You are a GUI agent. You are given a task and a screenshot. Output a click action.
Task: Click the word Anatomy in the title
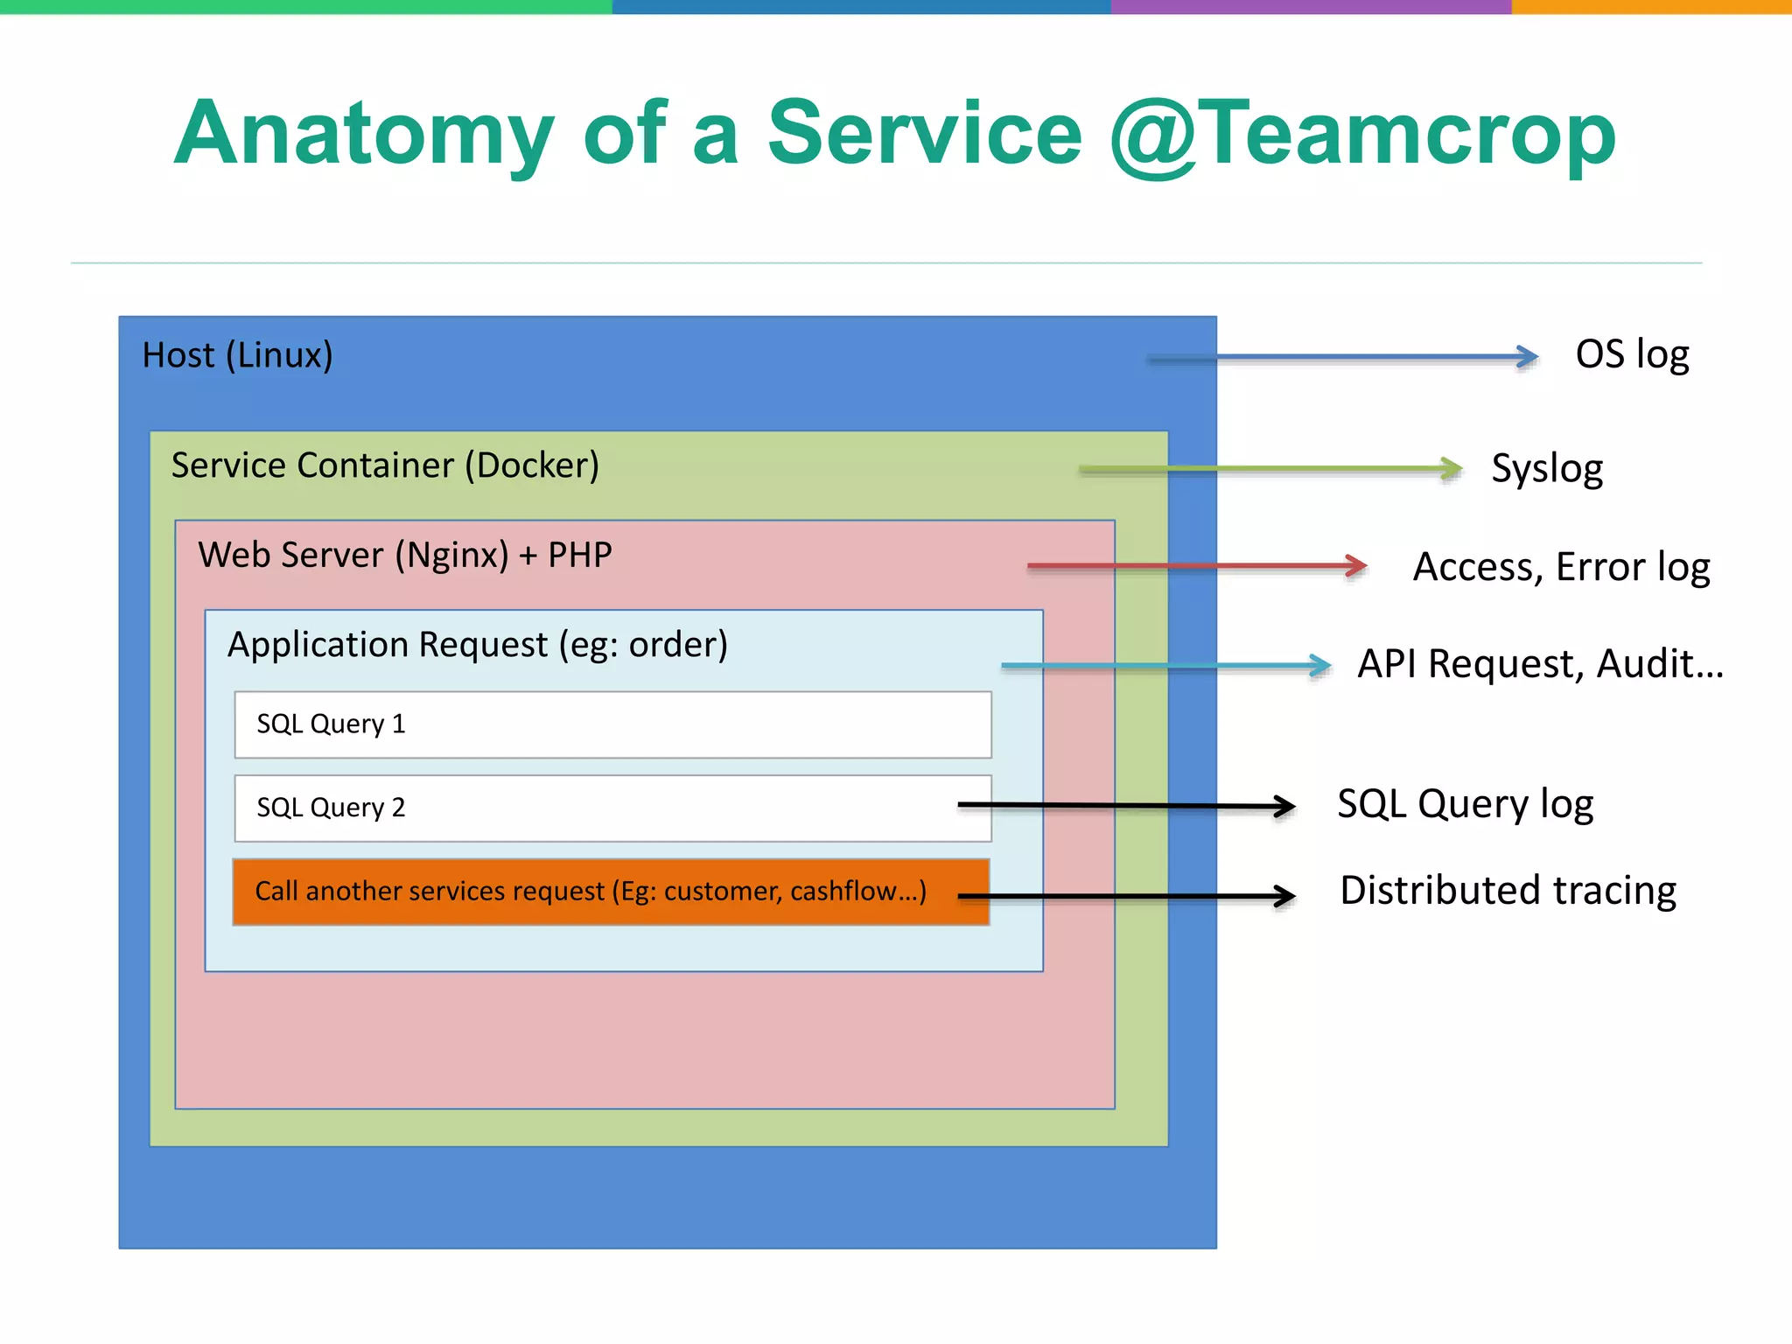[x=363, y=134]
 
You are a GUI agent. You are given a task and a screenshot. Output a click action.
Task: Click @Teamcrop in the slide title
[x=1362, y=134]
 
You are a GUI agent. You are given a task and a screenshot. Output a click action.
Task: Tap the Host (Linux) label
[x=237, y=355]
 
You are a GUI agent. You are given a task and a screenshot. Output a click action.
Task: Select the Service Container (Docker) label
[x=385, y=465]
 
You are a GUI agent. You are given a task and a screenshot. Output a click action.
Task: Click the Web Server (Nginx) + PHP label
[x=404, y=555]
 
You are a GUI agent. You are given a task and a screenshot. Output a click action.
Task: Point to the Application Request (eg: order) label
[x=477, y=645]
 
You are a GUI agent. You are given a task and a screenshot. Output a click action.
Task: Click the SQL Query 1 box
[x=612, y=724]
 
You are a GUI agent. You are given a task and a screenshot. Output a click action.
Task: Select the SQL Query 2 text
[x=331, y=808]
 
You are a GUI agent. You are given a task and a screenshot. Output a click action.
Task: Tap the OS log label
[x=1632, y=354]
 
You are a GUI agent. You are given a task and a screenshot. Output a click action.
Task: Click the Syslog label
[x=1547, y=468]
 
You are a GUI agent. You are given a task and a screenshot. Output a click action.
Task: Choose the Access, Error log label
[x=1561, y=567]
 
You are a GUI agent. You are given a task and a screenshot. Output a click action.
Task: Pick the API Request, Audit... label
[x=1540, y=663]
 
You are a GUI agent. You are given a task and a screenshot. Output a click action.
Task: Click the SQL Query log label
[x=1465, y=803]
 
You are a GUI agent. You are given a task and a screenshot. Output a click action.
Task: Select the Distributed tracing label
[x=1508, y=891]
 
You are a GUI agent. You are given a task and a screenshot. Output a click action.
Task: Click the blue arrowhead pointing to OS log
[x=1527, y=356]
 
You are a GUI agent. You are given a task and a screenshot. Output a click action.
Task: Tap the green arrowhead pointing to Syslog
[x=1451, y=469]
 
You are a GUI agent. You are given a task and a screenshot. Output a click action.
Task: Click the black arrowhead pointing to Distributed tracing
[x=1284, y=896]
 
